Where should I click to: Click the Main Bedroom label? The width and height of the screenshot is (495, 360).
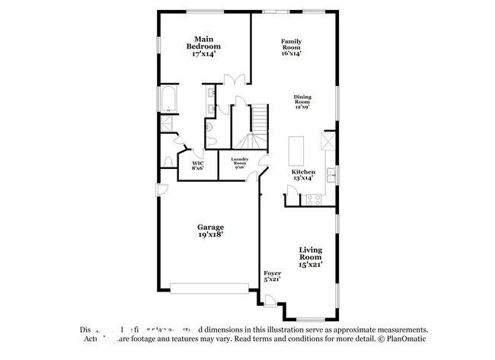coord(203,46)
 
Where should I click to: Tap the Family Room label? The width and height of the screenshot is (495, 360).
coord(292,47)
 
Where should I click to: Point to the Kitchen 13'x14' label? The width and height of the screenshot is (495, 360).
coord(303,175)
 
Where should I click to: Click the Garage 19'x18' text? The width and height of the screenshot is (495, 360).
coord(210,231)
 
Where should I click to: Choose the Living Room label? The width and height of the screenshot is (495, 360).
coord(311,256)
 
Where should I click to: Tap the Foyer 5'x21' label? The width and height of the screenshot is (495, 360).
coord(272,276)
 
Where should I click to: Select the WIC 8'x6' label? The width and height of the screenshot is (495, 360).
coord(197,165)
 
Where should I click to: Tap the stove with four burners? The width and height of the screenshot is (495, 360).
coord(312,199)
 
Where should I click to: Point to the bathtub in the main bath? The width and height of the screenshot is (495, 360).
coord(167,100)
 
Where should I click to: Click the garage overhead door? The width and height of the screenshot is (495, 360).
coord(209,287)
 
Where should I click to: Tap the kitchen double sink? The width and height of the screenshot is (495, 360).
coord(331,176)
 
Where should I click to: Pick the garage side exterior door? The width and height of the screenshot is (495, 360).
coord(161,190)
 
